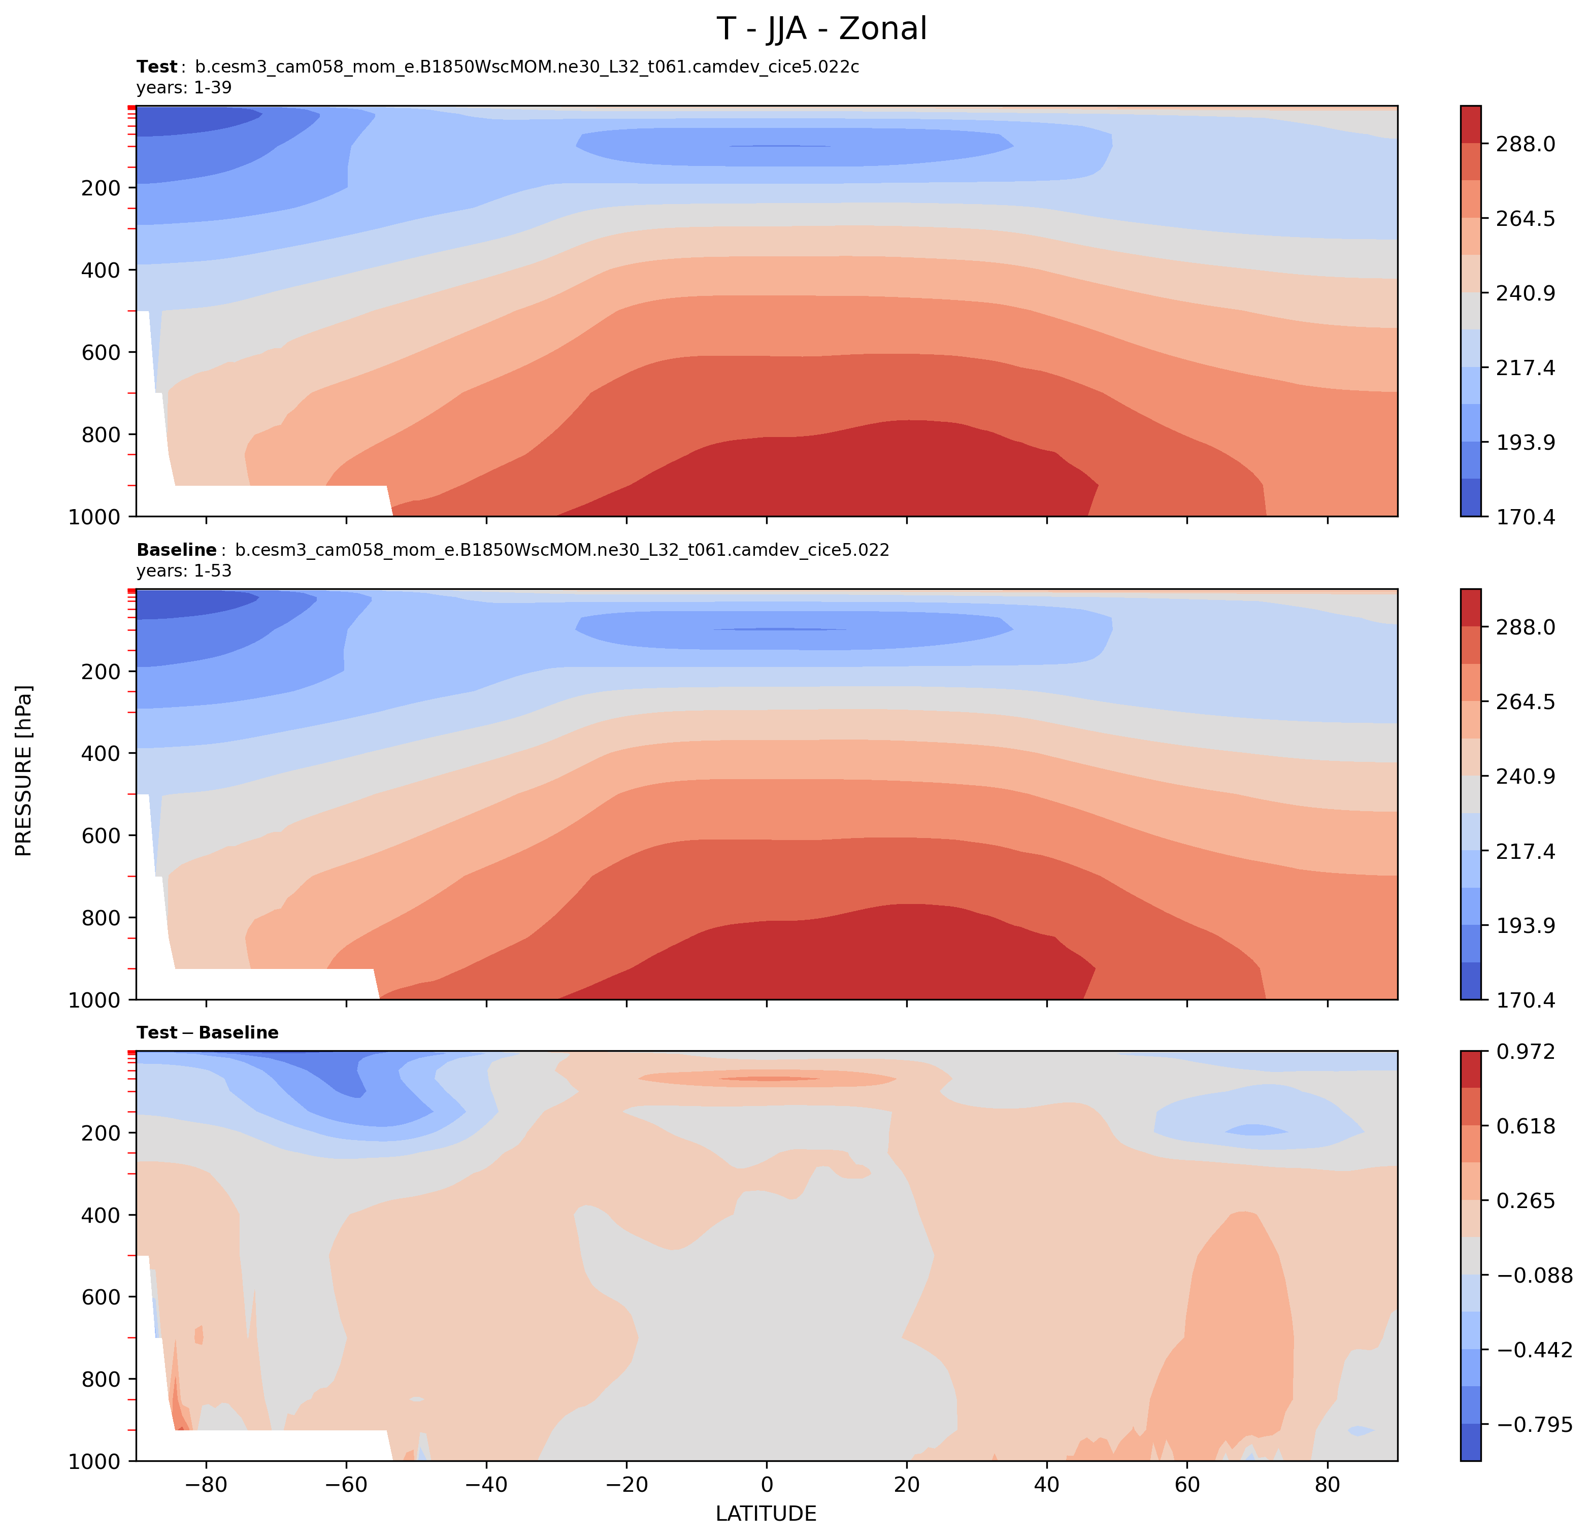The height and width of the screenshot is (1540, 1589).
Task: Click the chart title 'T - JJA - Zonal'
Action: click(x=821, y=29)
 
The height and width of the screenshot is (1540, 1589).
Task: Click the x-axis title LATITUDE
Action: click(x=766, y=1513)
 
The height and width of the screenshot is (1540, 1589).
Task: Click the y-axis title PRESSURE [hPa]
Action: click(x=24, y=770)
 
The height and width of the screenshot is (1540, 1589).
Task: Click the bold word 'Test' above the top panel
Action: click(x=156, y=68)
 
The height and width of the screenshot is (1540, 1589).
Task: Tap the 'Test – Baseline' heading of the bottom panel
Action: click(x=208, y=1032)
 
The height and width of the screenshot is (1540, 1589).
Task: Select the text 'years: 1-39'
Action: click(x=184, y=87)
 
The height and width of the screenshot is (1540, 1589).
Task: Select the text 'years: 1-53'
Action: click(x=184, y=571)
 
